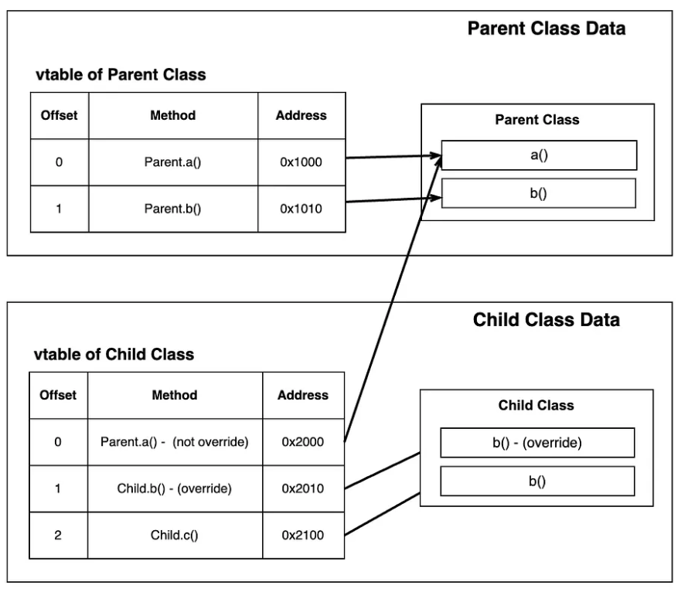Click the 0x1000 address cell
click(301, 162)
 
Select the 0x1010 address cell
click(301, 209)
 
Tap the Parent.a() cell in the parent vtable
click(173, 162)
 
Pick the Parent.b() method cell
click(173, 209)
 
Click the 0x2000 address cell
click(303, 442)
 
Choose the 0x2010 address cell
click(303, 488)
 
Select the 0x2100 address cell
click(303, 535)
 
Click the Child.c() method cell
click(175, 535)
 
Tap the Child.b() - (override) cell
click(175, 488)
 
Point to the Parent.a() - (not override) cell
click(175, 442)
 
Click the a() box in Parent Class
click(539, 155)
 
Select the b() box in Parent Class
click(538, 193)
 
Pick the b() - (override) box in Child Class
click(537, 443)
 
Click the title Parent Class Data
click(547, 29)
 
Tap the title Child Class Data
click(547, 320)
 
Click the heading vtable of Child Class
click(114, 354)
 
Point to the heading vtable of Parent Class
click(121, 74)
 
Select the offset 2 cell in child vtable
click(58, 535)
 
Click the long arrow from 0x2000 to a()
click(393, 299)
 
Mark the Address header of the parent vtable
click(301, 116)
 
